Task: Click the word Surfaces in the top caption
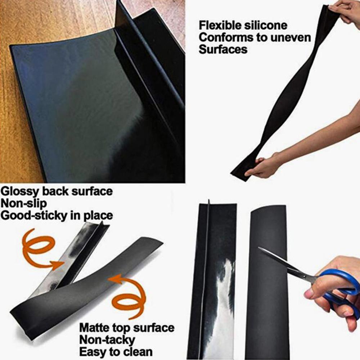click(x=223, y=49)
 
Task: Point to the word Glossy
click(x=19, y=191)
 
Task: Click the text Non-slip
click(x=23, y=203)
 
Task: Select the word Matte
click(x=94, y=328)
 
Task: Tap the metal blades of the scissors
click(x=284, y=265)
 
